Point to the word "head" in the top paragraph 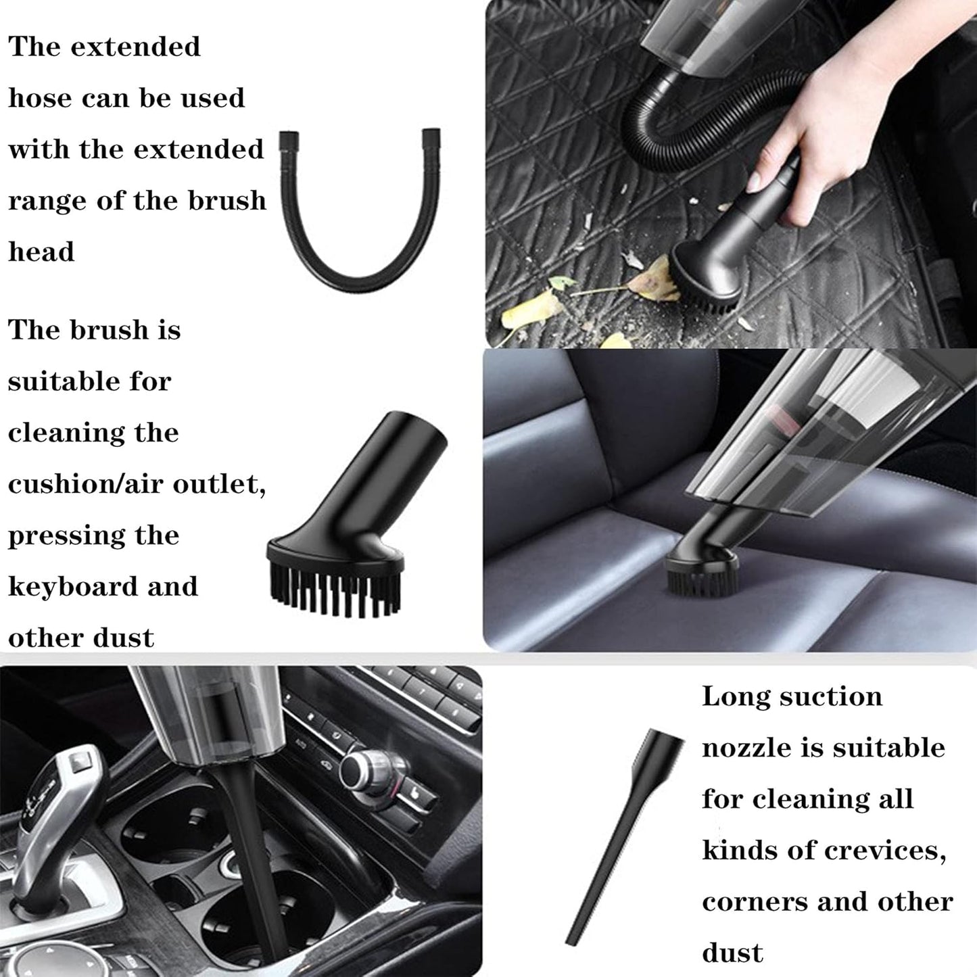(41, 252)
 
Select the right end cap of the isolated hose (431, 139)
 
